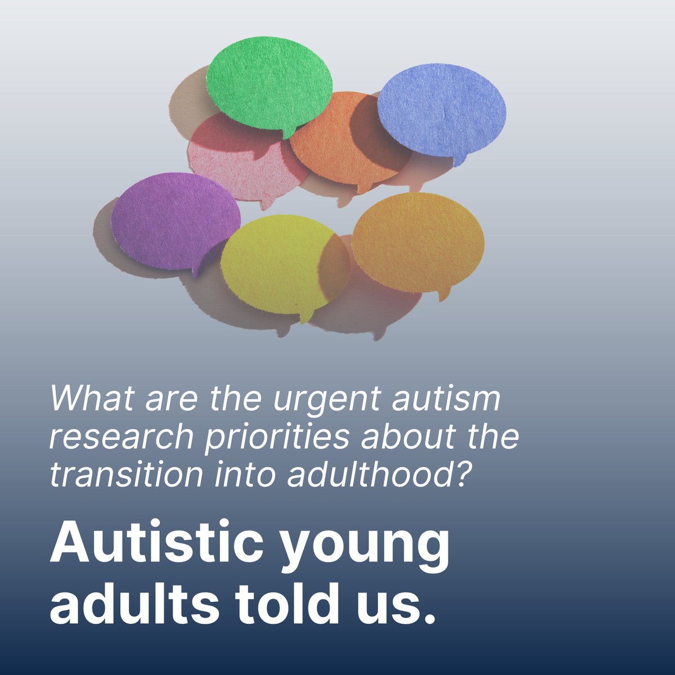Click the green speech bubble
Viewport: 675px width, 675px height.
click(269, 82)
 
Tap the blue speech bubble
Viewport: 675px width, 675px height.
click(441, 110)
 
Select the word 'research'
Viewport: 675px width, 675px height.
click(121, 438)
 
